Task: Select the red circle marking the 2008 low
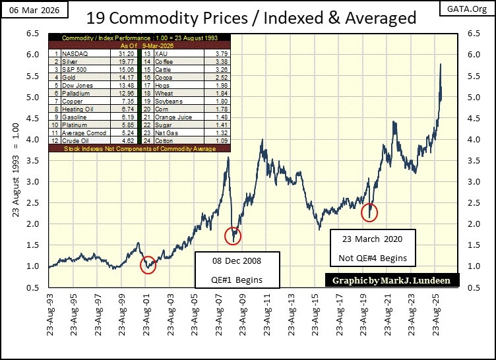[233, 235]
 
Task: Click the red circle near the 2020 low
[371, 212]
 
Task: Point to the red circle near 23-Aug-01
[148, 264]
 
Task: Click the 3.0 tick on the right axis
[472, 181]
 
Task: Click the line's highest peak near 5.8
[440, 64]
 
